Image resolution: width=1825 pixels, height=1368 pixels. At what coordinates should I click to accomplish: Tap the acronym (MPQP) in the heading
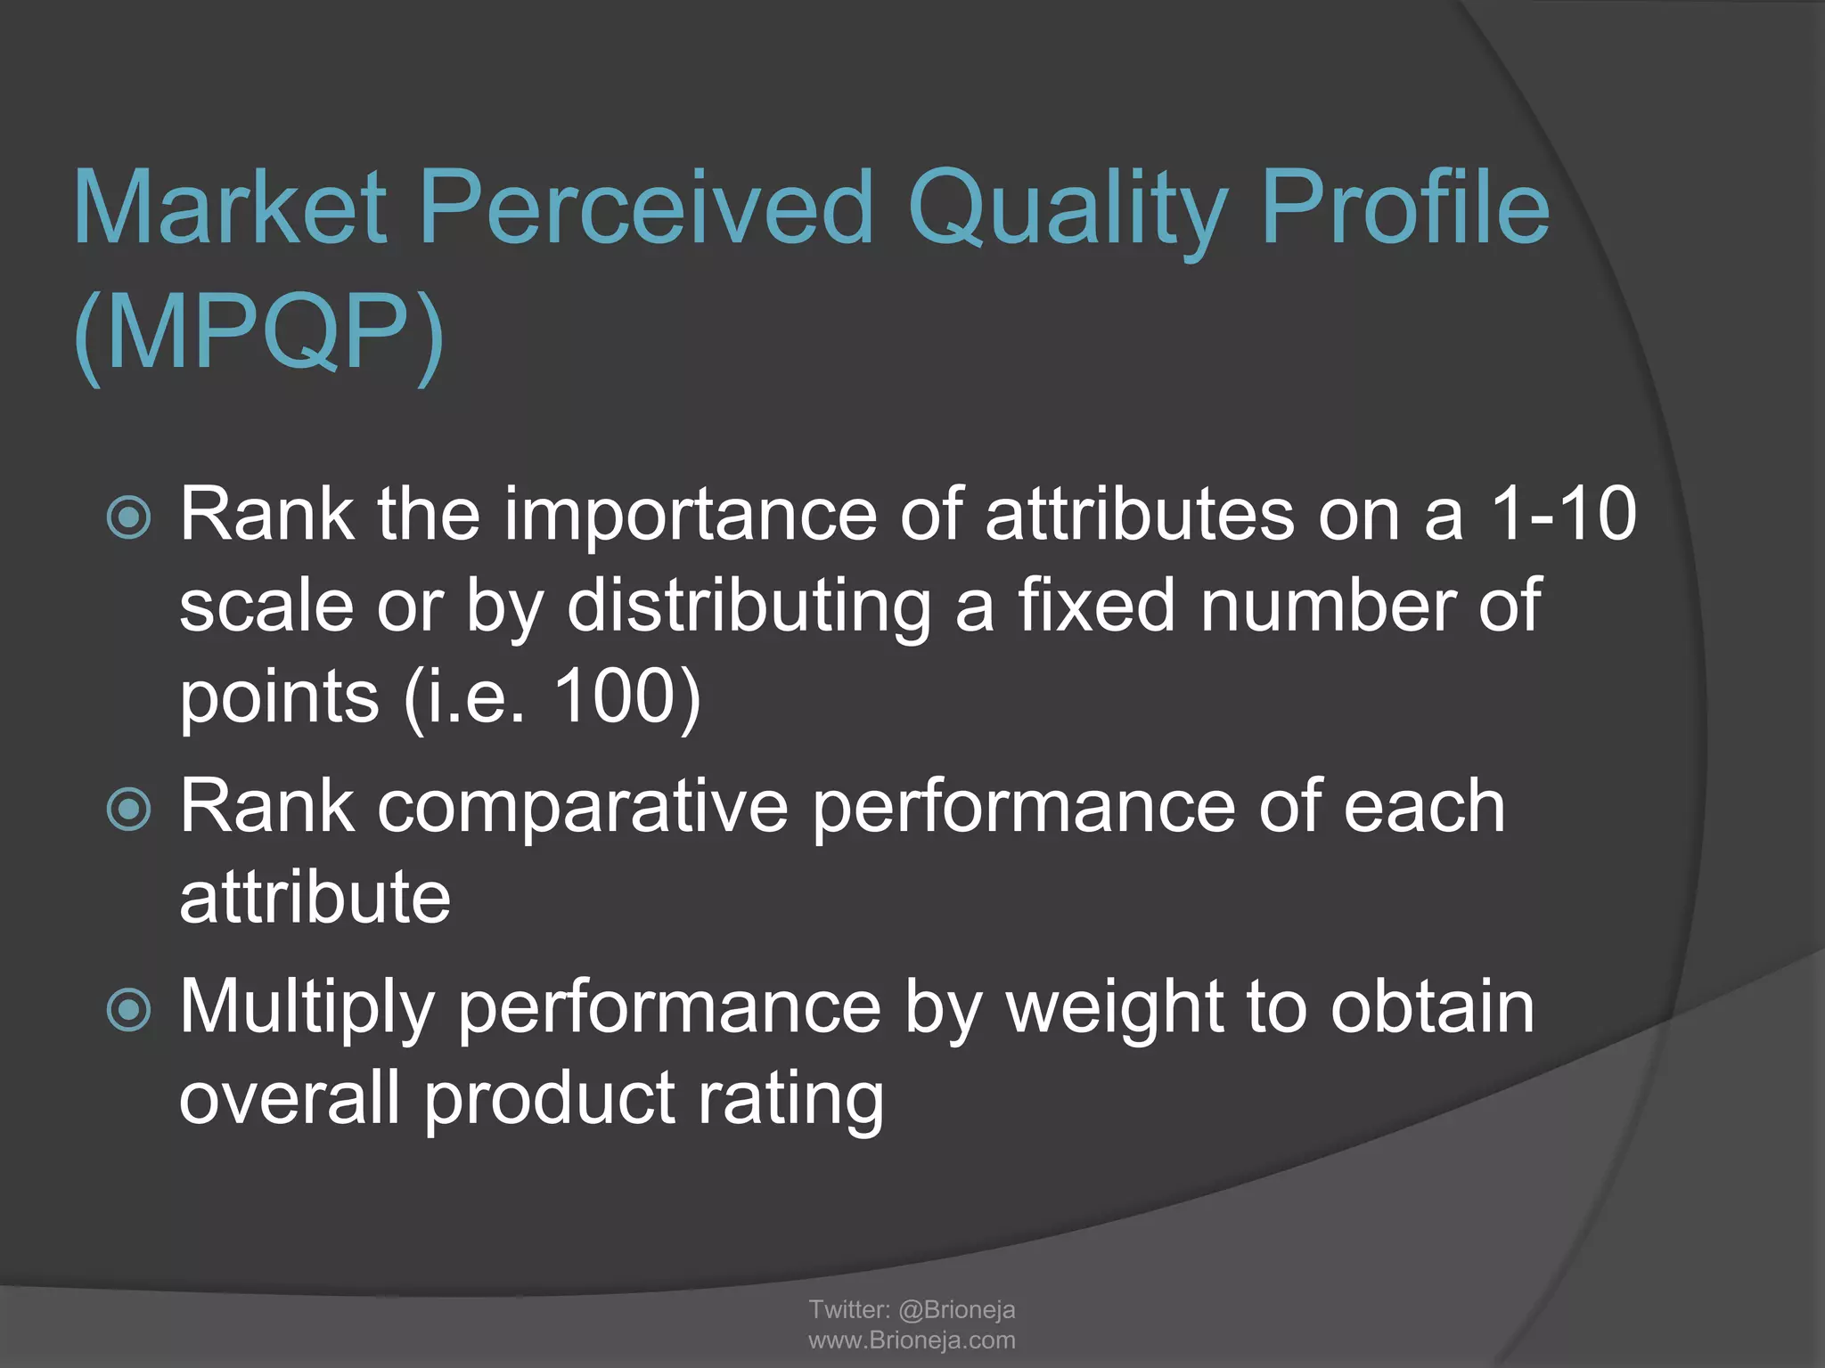point(258,334)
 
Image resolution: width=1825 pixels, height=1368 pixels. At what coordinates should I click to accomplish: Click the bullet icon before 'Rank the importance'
point(129,517)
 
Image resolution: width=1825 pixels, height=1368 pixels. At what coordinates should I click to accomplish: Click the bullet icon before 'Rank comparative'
point(129,809)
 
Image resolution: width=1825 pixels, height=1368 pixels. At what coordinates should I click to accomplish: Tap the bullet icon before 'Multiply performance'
point(129,1009)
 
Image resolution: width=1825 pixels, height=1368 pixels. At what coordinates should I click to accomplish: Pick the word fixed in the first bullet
point(1096,606)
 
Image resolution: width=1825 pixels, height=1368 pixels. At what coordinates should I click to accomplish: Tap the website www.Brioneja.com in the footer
point(912,1340)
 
